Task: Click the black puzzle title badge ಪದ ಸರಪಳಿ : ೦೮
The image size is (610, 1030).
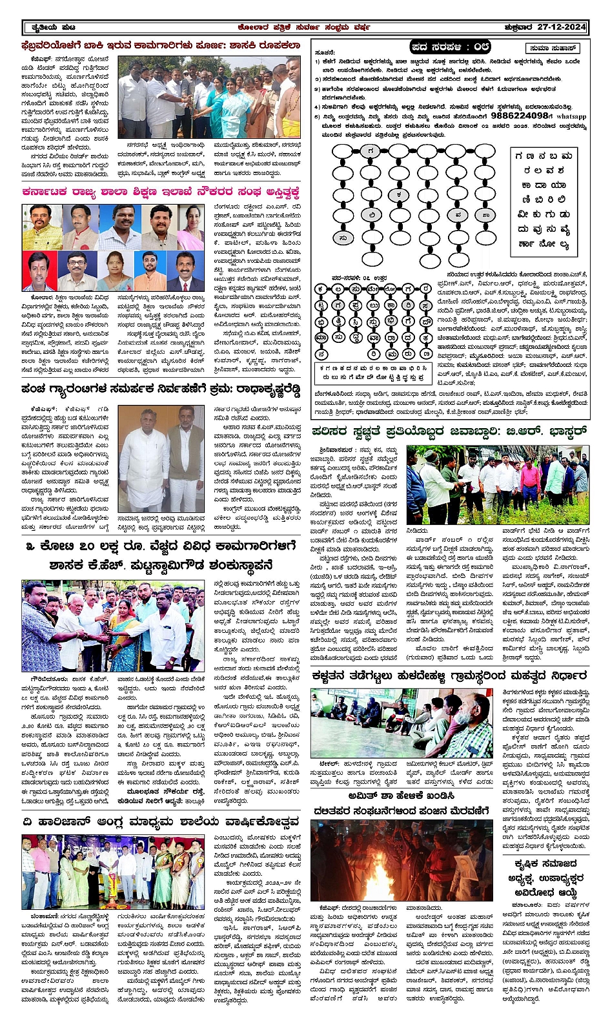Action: (451, 47)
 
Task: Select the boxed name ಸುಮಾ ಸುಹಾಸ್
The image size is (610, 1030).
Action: (553, 48)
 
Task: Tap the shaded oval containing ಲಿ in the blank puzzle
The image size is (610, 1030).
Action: (371, 214)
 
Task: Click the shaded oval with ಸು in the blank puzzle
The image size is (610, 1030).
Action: (343, 238)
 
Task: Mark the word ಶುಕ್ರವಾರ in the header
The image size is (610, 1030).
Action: (520, 27)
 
